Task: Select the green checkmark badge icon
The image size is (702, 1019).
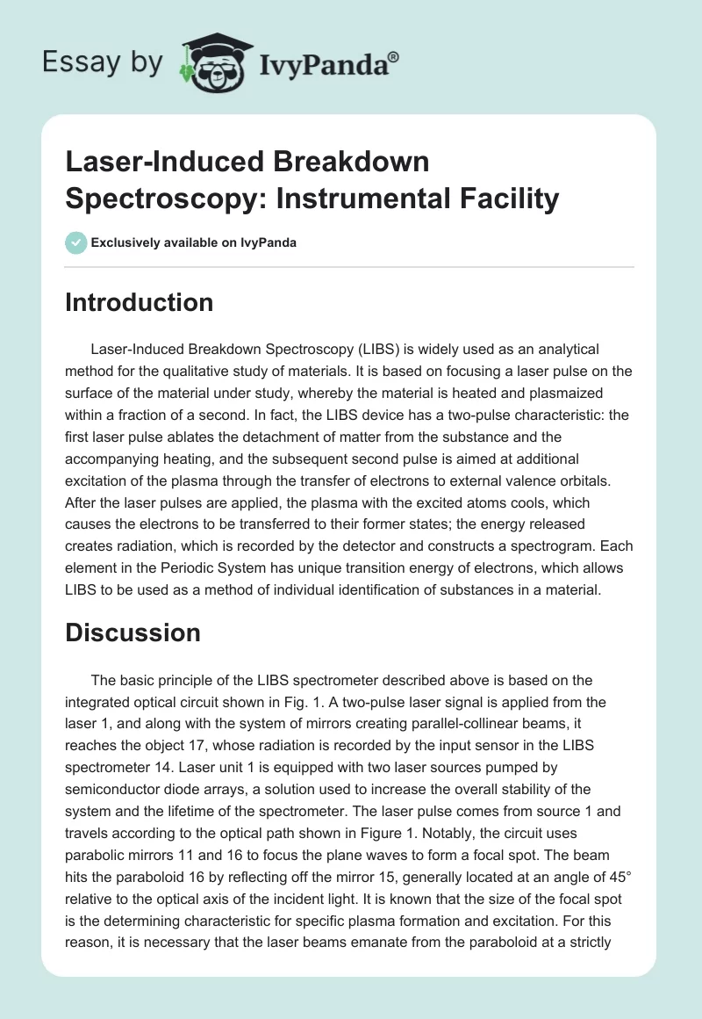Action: click(77, 242)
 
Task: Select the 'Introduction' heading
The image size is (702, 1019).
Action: click(140, 302)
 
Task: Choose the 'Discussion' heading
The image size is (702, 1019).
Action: click(133, 632)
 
